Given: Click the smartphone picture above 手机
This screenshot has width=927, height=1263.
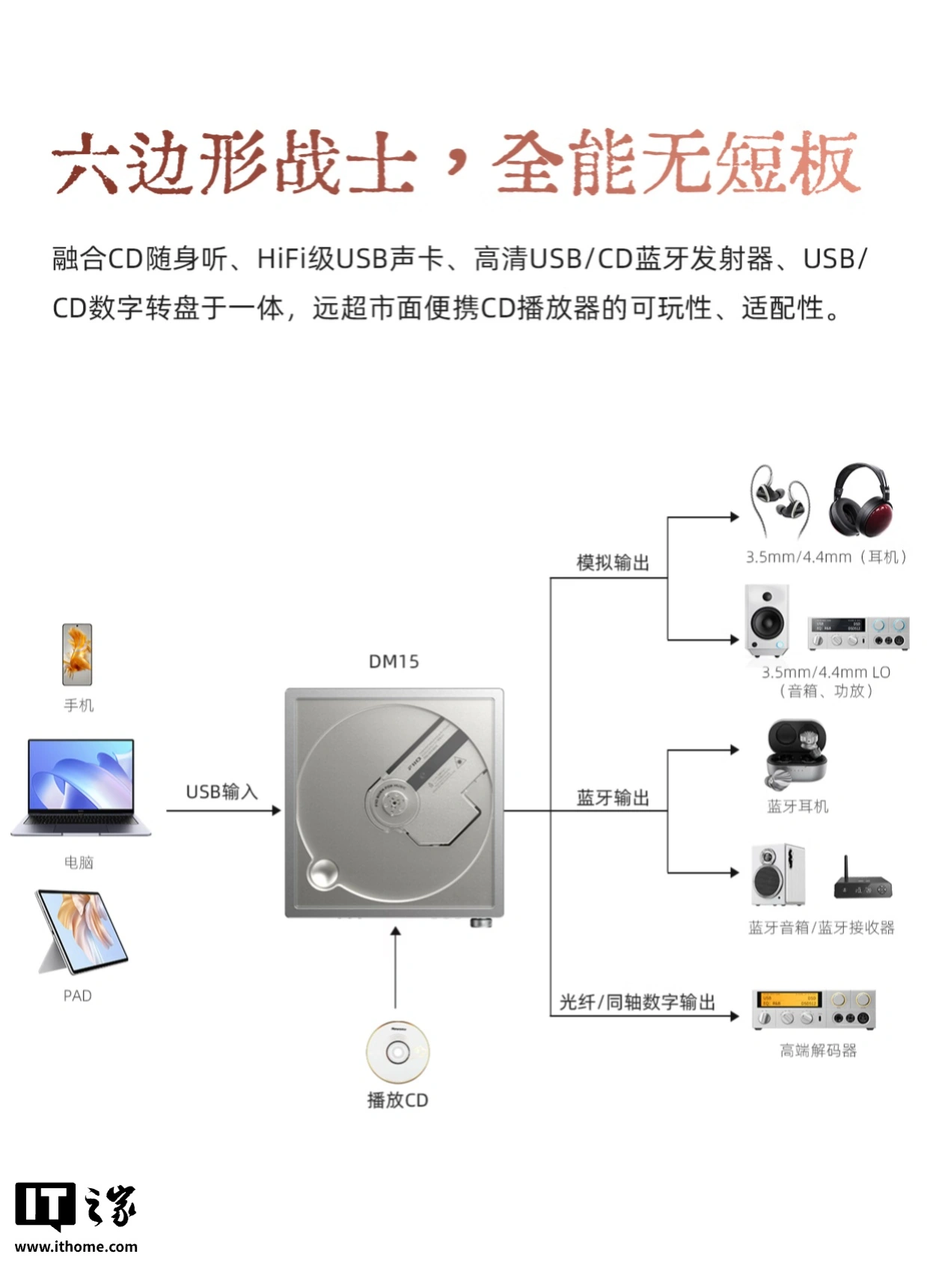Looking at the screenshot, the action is [x=77, y=654].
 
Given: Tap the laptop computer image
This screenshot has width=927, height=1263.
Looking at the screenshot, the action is [x=81, y=787].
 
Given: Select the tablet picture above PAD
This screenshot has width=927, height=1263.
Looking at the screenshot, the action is [x=82, y=932].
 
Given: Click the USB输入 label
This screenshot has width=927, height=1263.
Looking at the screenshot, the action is [x=221, y=792].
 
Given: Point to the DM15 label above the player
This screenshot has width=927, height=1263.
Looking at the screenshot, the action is [x=394, y=661].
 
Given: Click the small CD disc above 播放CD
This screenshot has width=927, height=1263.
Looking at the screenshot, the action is [x=398, y=1051].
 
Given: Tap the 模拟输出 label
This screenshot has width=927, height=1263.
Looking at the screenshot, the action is [x=613, y=562].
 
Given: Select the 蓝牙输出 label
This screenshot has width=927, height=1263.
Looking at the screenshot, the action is [x=613, y=798].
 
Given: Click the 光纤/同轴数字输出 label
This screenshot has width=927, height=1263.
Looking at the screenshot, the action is [x=637, y=1002].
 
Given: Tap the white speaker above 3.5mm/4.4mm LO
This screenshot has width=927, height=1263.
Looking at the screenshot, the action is [x=767, y=620].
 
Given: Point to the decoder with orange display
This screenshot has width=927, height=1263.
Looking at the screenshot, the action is [x=813, y=1010].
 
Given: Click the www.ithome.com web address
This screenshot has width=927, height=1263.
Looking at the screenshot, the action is [x=76, y=1246].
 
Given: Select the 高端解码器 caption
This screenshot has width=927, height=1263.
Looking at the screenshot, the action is [x=818, y=1050].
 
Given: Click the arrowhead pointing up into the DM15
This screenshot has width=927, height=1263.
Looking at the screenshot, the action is [x=396, y=931].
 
